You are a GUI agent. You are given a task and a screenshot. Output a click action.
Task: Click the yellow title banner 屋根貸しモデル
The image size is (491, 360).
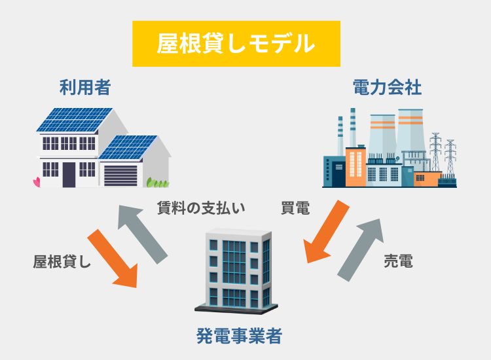coord(236,44)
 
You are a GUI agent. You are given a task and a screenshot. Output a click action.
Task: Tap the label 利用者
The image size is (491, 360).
coord(84,87)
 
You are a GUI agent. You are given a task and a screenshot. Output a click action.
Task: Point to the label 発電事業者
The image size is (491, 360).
coord(240,336)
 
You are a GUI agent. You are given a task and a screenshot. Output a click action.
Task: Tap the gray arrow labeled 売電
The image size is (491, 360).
coord(361,250)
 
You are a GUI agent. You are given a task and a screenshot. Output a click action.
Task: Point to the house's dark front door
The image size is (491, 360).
coord(69,173)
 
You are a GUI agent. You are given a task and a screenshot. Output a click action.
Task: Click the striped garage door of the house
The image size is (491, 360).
coord(120,175)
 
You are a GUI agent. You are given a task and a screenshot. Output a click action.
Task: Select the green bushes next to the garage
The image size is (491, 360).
coord(157,182)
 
